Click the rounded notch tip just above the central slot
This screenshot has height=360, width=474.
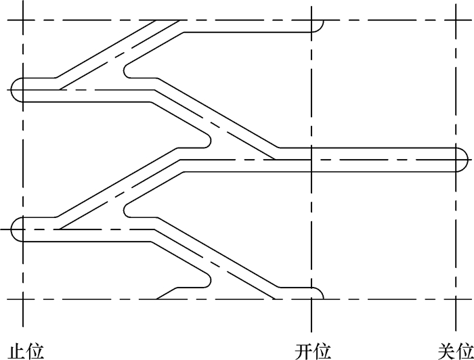pos(209,140)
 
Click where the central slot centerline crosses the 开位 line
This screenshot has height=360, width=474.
pos(311,159)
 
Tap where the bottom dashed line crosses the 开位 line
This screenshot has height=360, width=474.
pos(311,298)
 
